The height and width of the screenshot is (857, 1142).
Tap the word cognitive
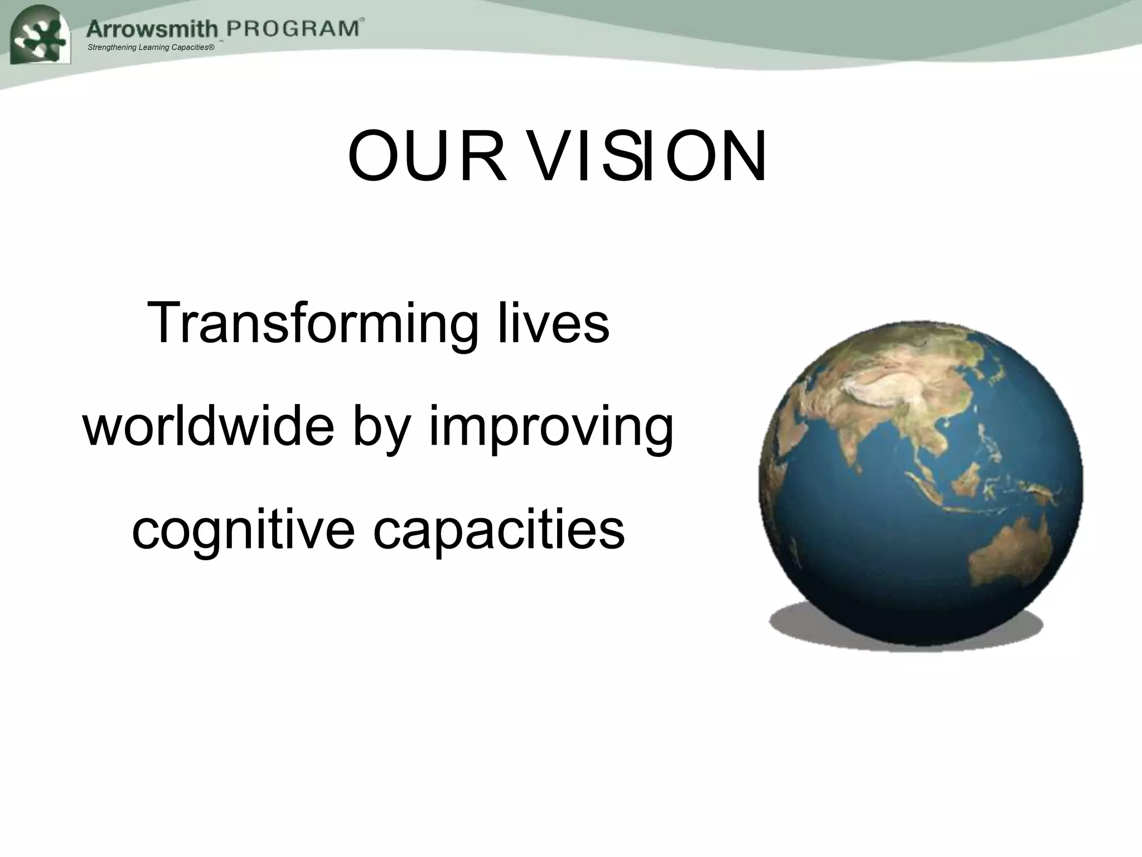tap(243, 531)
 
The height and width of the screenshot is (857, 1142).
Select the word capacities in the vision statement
tap(499, 531)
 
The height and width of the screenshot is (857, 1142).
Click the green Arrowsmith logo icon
tap(40, 36)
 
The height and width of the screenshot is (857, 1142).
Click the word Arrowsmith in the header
tap(152, 28)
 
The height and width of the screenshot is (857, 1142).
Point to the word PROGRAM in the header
tap(292, 28)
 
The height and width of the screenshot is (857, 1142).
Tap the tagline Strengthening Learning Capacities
tap(151, 47)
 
